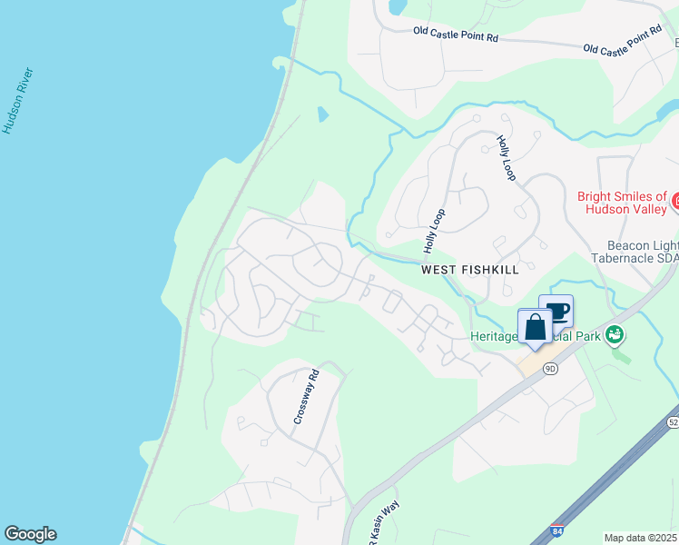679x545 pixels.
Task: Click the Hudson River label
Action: click(x=17, y=101)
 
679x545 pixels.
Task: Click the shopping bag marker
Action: click(x=535, y=327)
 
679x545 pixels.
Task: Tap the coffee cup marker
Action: click(x=556, y=313)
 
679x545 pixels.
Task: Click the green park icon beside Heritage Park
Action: click(x=615, y=335)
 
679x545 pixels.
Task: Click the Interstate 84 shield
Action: click(x=556, y=530)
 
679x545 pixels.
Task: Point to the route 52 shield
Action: click(x=673, y=422)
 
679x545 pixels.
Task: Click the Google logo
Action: click(x=30, y=534)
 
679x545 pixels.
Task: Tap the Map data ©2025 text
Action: click(x=640, y=538)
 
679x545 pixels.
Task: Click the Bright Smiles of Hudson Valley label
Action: click(x=622, y=202)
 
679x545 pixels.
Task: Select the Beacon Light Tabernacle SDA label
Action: click(x=641, y=254)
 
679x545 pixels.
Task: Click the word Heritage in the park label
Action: click(x=494, y=336)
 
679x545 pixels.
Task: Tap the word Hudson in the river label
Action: click(x=12, y=116)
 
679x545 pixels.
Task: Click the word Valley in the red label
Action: click(x=646, y=208)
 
